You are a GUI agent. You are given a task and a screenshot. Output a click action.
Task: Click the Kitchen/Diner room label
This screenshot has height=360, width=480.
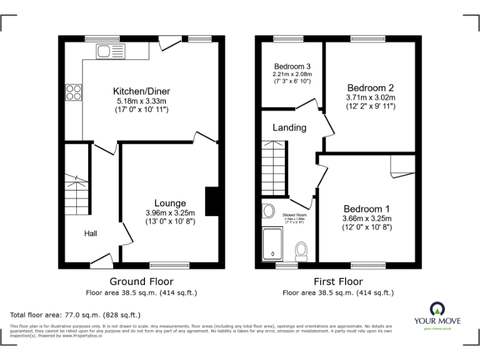[x=141, y=91]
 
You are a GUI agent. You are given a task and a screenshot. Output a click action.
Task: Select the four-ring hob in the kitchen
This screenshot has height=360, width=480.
[x=73, y=92]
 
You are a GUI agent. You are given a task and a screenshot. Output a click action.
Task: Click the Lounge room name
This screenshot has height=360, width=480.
[x=170, y=203]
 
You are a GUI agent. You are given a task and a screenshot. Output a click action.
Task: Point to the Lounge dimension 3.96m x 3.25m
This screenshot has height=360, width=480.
[x=170, y=212]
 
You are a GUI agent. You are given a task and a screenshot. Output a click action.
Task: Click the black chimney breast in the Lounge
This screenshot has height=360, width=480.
[x=212, y=201]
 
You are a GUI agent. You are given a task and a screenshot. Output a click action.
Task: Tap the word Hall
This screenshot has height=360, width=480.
[x=91, y=234]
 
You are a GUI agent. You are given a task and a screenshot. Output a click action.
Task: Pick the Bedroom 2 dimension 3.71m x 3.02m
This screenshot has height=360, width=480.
[x=371, y=97]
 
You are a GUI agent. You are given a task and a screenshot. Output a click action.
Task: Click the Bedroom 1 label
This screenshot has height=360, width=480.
[x=366, y=209]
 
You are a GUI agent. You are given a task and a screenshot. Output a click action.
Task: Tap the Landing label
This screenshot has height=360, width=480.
[x=289, y=127]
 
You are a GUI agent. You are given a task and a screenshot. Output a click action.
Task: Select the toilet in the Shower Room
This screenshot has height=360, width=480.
[x=301, y=251]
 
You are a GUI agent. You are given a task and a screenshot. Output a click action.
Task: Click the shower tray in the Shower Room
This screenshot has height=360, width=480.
[x=273, y=243]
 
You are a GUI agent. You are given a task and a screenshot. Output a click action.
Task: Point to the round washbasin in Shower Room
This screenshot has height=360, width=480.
[x=269, y=211]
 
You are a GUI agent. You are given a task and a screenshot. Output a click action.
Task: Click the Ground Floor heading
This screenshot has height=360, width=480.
[x=141, y=281]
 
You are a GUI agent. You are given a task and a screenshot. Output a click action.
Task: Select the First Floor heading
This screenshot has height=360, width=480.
[x=338, y=281]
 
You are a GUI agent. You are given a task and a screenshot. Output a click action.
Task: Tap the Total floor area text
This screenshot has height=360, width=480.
[x=76, y=315]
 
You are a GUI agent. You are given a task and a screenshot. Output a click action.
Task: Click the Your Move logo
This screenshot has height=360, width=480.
[x=437, y=313]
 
